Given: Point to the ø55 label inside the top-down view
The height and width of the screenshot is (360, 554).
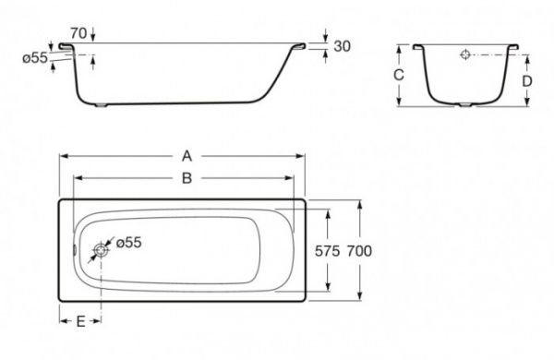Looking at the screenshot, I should pyautogui.click(x=127, y=242).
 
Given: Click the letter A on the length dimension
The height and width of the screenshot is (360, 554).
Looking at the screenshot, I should pyautogui.click(x=188, y=157).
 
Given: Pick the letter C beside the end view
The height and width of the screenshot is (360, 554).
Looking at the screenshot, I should pyautogui.click(x=398, y=75).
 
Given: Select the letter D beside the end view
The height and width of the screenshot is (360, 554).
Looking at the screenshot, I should pyautogui.click(x=526, y=80).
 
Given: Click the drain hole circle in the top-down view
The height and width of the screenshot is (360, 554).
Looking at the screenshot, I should pyautogui.click(x=101, y=249).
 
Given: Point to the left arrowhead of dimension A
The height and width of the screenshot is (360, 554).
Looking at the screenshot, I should pyautogui.click(x=65, y=157).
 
